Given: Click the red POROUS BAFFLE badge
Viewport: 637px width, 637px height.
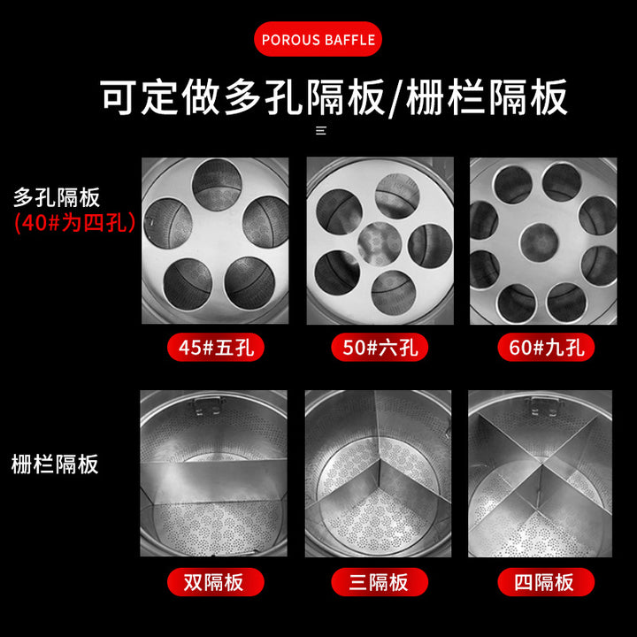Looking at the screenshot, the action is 318,39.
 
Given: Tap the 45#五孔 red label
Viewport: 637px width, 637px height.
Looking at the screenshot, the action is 216,348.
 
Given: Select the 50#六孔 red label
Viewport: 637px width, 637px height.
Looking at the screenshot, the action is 380,348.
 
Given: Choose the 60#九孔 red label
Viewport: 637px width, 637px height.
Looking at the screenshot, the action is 546,348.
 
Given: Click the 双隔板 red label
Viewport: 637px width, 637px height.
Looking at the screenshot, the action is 216,582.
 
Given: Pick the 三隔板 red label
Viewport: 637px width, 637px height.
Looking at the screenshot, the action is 380,582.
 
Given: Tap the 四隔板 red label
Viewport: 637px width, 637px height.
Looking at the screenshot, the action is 546,582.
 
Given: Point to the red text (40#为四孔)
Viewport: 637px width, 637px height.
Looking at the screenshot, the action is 74,223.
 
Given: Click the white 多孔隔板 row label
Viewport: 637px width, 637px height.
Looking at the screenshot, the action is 57,198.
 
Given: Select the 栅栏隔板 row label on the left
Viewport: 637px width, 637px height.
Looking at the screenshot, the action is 55,464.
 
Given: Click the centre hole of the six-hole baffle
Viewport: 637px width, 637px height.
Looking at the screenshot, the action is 380,244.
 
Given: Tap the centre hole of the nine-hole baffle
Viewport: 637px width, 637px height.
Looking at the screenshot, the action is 539,242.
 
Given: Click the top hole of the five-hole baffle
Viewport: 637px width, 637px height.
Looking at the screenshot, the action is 217,185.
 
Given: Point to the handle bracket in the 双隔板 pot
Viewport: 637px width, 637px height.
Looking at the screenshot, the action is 207,406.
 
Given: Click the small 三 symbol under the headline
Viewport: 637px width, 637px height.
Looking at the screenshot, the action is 321,130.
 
